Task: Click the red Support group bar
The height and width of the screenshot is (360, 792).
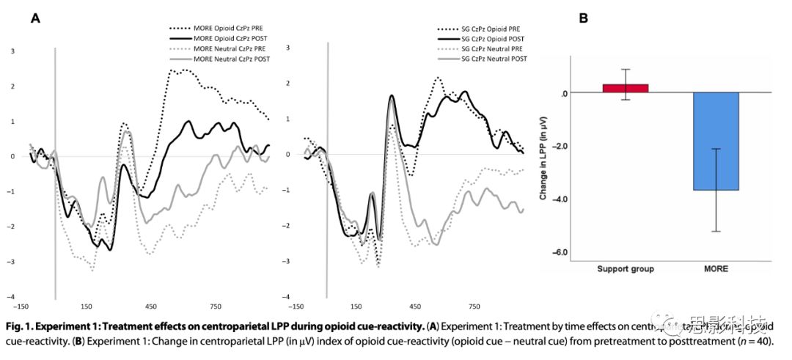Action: [626, 88]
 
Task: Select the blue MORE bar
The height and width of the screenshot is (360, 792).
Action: [715, 141]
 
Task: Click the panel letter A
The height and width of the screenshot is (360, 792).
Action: [34, 19]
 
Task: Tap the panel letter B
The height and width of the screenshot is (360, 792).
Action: [583, 19]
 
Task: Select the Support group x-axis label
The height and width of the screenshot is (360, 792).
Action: [626, 269]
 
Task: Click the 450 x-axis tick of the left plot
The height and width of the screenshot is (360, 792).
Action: [151, 306]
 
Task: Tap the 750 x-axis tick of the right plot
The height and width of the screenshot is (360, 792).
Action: [474, 306]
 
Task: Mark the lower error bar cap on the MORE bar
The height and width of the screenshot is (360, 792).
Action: [715, 231]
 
